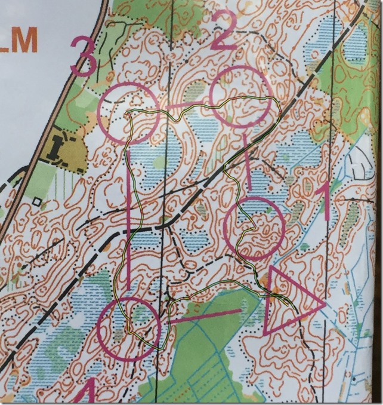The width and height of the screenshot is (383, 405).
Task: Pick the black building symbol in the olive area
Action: click(58, 146)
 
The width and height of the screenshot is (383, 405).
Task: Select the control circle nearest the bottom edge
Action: click(129, 329)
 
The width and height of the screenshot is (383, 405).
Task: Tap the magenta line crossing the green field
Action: click(206, 316)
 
